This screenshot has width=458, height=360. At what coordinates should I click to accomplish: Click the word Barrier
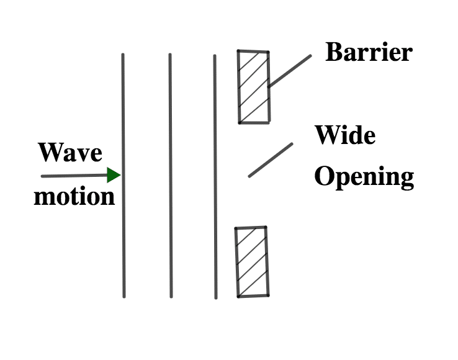pyautogui.click(x=369, y=52)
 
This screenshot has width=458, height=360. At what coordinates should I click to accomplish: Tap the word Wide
pyautogui.click(x=345, y=135)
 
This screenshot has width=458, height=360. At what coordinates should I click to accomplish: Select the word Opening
pyautogui.click(x=364, y=177)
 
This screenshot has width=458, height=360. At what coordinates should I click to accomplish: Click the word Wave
pyautogui.click(x=70, y=152)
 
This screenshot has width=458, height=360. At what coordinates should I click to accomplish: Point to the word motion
pyautogui.click(x=74, y=196)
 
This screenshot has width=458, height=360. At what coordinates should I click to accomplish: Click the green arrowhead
pyautogui.click(x=114, y=175)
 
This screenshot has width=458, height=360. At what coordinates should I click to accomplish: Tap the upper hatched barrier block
pyautogui.click(x=254, y=87)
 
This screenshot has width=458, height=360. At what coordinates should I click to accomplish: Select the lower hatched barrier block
pyautogui.click(x=252, y=262)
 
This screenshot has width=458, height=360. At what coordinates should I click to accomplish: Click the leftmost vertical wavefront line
pyautogui.click(x=123, y=175)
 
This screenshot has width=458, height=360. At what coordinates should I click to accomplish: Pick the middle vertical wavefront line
pyautogui.click(x=171, y=175)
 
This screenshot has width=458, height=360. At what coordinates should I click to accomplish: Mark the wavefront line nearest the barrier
pyautogui.click(x=215, y=177)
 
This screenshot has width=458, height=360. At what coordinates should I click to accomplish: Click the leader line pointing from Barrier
pyautogui.click(x=289, y=71)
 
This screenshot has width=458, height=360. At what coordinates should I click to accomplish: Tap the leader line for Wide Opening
pyautogui.click(x=271, y=160)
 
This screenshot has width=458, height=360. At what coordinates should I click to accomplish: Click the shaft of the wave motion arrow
pyautogui.click(x=74, y=176)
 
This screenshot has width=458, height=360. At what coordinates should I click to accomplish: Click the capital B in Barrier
pyautogui.click(x=335, y=52)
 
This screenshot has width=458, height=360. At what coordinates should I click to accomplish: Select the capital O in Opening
pyautogui.click(x=323, y=176)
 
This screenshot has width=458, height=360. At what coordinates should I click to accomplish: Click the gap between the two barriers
pyautogui.click(x=253, y=175)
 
